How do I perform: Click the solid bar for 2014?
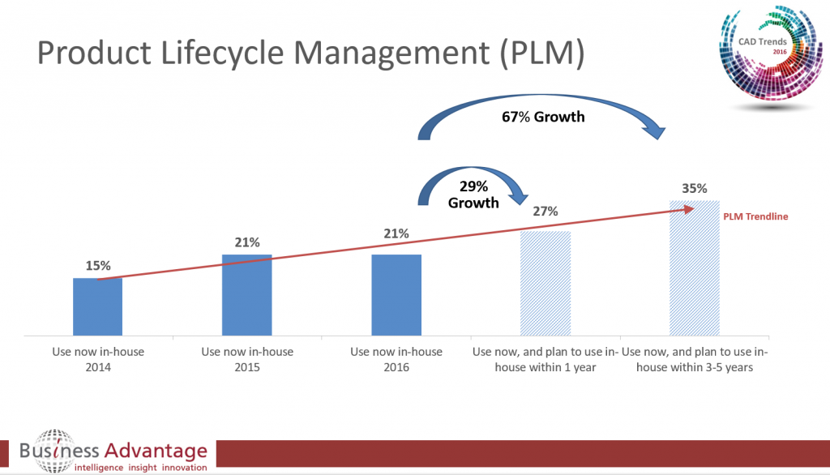coord(97,306)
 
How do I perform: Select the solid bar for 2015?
coord(246,294)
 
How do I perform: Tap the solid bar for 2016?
coord(396,294)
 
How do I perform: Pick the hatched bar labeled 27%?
coord(545,283)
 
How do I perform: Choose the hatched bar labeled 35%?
coord(694,267)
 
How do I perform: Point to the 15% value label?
coord(98,265)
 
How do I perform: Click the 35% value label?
coord(694,188)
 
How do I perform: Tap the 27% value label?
coord(545,212)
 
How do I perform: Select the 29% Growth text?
coord(474,195)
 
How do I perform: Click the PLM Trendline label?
coord(755,216)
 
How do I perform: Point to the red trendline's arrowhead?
coord(690,209)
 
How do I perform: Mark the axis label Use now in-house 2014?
coord(98,359)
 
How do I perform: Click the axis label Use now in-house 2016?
coord(396,359)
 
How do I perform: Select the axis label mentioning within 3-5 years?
coord(694,359)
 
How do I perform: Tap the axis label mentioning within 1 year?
coord(545,359)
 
